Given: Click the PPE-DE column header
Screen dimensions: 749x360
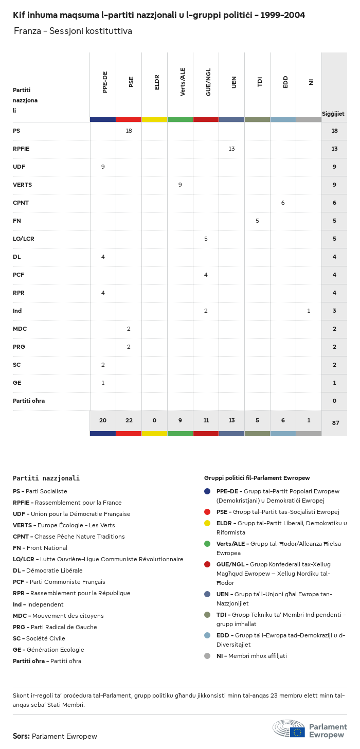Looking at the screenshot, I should coord(105,82).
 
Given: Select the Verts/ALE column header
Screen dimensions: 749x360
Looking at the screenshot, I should coord(183,82).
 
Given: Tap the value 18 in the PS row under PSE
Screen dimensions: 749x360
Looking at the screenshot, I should coord(129,131).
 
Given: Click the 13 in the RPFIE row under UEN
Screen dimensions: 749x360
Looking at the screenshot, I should coord(231,149).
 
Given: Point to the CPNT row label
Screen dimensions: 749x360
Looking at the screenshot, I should coord(21,203).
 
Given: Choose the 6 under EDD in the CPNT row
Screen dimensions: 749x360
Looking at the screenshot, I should coord(283,203).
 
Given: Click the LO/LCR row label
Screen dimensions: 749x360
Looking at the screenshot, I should coord(24,239).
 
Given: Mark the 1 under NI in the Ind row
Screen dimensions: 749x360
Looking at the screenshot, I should coord(309,311).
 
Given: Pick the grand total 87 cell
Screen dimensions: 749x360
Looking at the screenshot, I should coord(335,423).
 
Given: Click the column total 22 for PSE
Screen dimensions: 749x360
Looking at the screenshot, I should coord(129,420).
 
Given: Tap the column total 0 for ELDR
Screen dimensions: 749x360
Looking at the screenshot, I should coord(154,420).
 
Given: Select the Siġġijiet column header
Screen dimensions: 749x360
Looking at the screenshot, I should coord(333,114).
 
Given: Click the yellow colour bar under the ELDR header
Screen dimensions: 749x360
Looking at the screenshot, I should coord(154,119).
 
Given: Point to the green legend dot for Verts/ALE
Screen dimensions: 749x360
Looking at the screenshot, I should coord(207,544).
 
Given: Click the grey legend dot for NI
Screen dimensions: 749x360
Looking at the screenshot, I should coord(207,656).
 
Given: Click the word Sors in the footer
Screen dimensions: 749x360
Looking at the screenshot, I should coord(21,736).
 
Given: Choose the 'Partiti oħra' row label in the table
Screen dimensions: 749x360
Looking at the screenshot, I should coord(29,401).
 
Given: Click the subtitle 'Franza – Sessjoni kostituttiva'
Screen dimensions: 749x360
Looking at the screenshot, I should coord(73,31).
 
